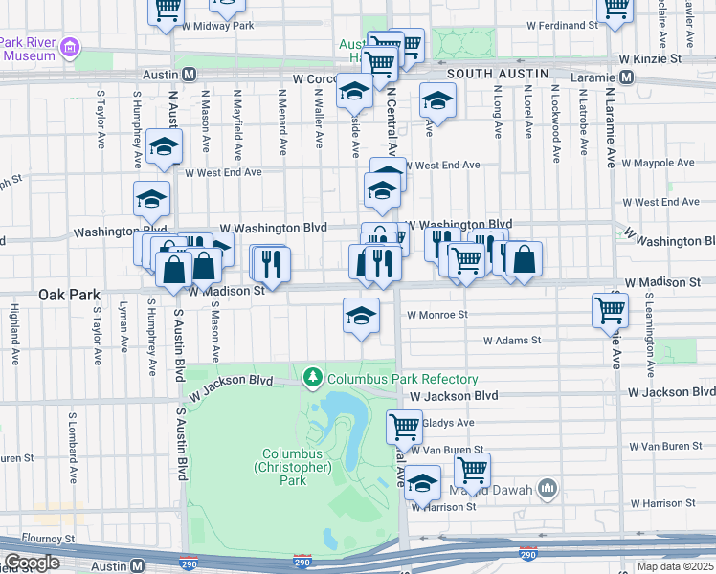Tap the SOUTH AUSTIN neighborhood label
(x=497, y=74)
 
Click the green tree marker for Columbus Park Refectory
(x=313, y=378)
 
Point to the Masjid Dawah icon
(x=548, y=489)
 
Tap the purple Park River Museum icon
(x=69, y=47)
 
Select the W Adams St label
(x=512, y=340)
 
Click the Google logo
(x=32, y=563)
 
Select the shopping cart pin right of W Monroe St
(x=610, y=310)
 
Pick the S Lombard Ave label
(x=73, y=445)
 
